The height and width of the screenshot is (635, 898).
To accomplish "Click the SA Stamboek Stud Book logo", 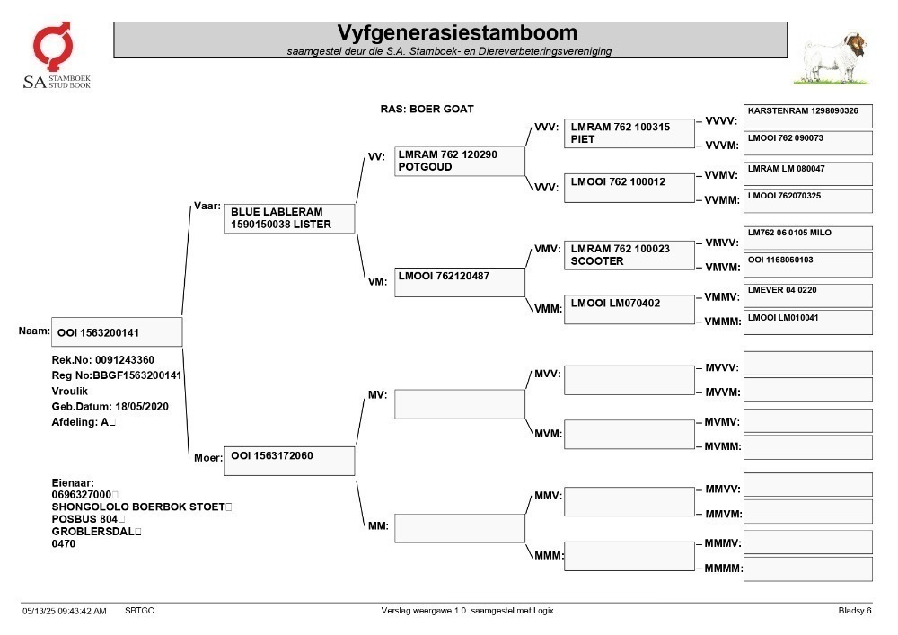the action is coord(56,56).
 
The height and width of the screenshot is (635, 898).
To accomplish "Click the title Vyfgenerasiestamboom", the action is coord(457,32).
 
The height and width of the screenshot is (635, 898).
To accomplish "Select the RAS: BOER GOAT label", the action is coord(427,109).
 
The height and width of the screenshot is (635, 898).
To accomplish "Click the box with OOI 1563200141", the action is coord(117,332).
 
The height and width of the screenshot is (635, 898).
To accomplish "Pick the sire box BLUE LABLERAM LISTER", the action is coord(289,218).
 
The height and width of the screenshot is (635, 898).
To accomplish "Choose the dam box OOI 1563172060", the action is coord(289,461).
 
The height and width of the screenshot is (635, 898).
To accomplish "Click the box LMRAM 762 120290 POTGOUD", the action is coord(459,161).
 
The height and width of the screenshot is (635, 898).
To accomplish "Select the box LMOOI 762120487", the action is coord(459,282).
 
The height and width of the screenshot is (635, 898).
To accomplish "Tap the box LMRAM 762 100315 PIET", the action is coord(629,134).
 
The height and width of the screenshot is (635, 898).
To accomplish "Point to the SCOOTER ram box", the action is coord(629,255).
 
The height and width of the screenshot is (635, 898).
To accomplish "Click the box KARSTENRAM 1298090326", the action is coord(808,116).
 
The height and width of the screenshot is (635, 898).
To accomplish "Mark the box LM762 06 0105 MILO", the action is coord(808,238).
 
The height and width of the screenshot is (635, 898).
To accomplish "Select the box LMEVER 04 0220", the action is coord(808,295).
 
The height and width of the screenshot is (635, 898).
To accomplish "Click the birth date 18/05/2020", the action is coord(142,407).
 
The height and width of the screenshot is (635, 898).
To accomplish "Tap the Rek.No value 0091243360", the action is coord(125,360).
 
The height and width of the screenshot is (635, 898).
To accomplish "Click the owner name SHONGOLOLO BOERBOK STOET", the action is coord(138,507).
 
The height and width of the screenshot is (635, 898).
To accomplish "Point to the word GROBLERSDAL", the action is coord(93,532).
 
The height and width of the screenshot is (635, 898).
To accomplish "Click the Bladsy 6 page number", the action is coord(855,611).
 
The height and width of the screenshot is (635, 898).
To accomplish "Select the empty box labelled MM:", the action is coord(459,528).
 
